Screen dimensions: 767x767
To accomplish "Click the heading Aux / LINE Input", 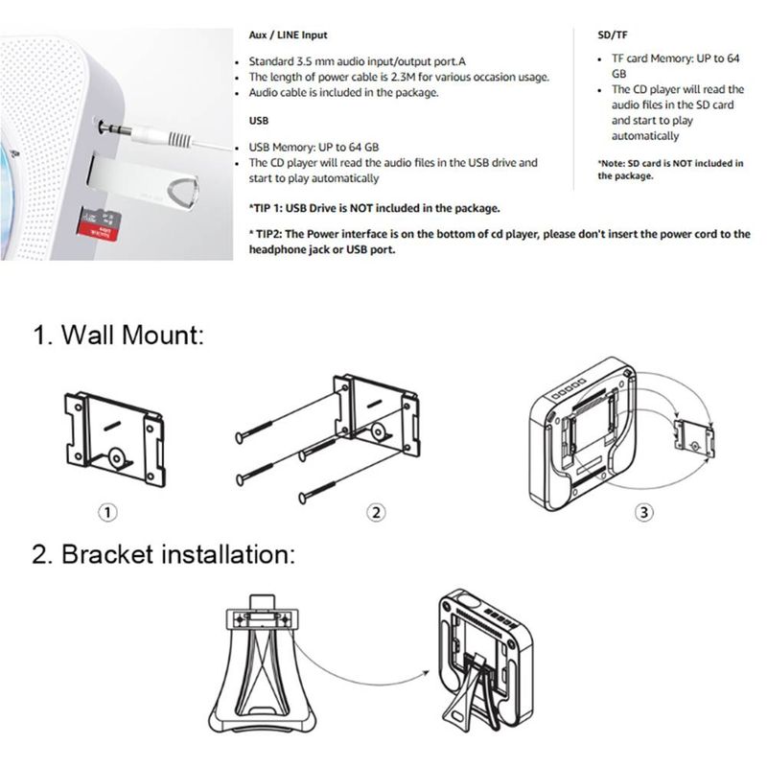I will pos(289,35).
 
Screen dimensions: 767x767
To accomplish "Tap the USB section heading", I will pos(260,122).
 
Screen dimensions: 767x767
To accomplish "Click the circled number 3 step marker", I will pos(644,512).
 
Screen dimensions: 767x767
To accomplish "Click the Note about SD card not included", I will pos(670,170).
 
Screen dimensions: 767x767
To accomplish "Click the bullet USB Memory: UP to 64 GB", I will pos(314,146).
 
